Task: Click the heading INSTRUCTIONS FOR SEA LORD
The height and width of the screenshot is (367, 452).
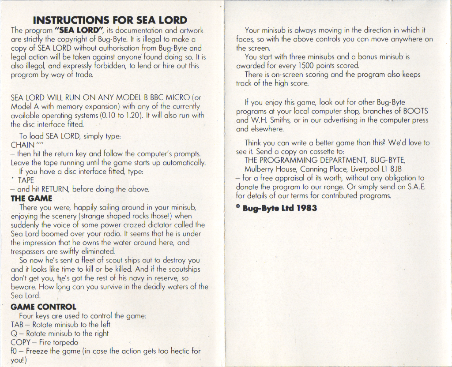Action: click(110, 20)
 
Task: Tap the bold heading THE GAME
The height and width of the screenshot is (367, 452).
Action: click(31, 198)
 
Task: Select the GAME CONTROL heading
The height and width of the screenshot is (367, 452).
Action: click(43, 307)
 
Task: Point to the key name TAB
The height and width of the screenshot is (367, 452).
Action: click(17, 325)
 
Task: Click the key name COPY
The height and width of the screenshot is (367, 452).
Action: click(20, 342)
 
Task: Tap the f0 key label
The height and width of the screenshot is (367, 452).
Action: click(14, 351)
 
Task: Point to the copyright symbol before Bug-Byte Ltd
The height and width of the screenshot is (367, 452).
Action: click(238, 207)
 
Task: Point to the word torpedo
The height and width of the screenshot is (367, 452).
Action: click(65, 342)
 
